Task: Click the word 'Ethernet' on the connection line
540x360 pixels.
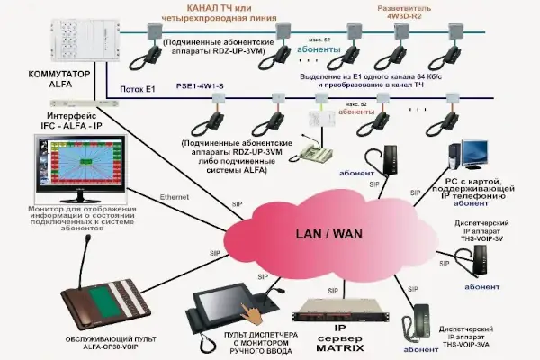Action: pyautogui.click(x=175, y=196)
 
